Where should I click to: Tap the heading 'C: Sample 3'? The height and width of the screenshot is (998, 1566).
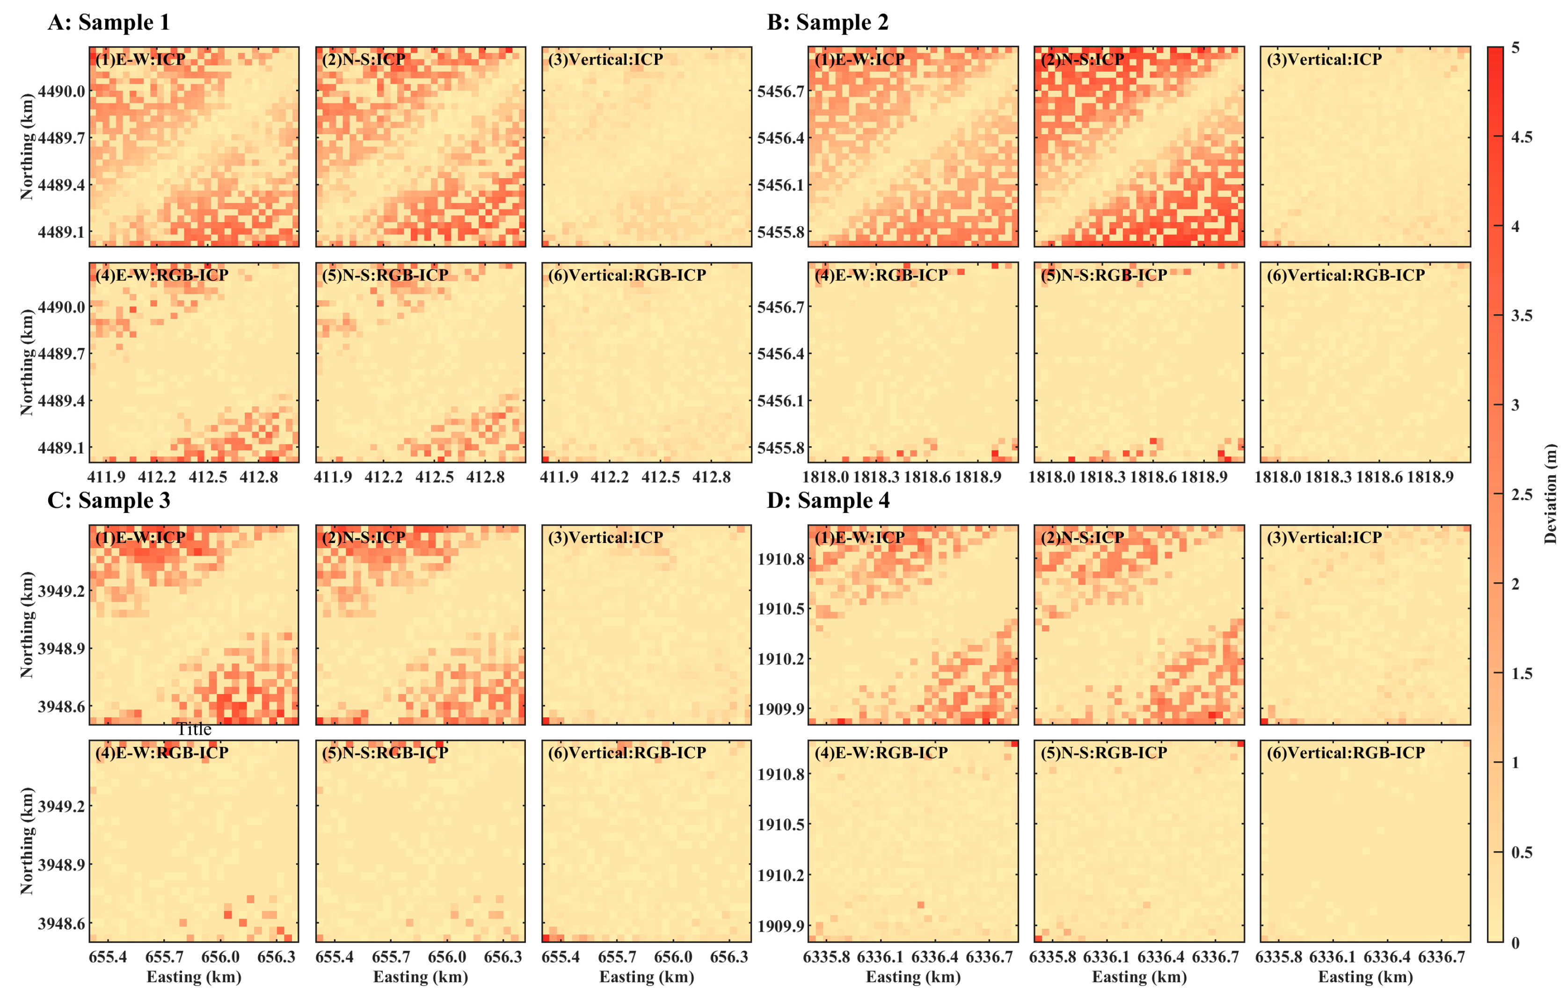point(109,500)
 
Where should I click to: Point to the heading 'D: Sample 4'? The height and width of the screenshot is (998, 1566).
point(828,500)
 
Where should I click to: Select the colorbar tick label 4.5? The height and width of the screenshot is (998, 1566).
point(1521,137)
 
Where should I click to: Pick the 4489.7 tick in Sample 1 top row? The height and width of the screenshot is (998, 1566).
point(61,138)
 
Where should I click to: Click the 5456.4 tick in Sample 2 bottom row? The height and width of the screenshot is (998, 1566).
point(780,354)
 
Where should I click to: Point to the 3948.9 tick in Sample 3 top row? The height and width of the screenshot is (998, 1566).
point(61,648)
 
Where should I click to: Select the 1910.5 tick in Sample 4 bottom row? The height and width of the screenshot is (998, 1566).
point(780,824)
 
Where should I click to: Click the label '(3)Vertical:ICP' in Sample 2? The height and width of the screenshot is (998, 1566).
point(1324,59)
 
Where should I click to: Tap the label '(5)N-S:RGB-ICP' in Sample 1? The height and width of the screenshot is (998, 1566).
point(385,275)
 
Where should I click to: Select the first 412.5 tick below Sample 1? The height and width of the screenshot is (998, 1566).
point(208,477)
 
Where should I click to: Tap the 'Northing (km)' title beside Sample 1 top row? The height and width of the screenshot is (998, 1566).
point(27,146)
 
